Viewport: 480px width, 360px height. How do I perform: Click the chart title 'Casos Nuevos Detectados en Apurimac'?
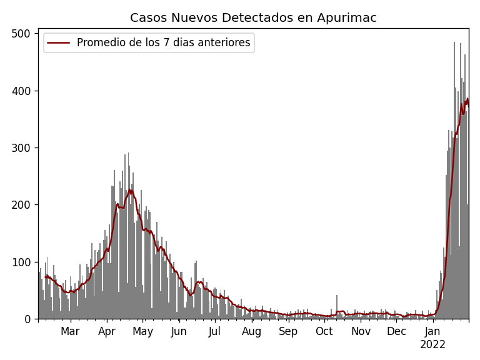[x=253, y=18]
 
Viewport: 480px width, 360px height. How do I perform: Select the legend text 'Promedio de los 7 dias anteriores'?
[x=163, y=43]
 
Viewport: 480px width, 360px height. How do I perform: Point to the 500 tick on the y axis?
[x=23, y=34]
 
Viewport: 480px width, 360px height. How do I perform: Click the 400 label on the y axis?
[x=23, y=91]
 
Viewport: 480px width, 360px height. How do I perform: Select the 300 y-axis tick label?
[x=23, y=148]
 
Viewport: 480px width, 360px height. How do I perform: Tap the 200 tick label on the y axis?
[x=23, y=205]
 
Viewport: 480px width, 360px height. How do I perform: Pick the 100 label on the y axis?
[x=23, y=262]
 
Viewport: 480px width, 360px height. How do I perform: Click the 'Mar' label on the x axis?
[x=70, y=332]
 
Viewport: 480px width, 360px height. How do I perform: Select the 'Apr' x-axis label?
[x=107, y=332]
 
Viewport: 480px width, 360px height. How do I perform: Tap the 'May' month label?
[x=143, y=332]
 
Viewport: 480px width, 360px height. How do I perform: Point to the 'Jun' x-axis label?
[x=179, y=332]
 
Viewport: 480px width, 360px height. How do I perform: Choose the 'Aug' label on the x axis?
[x=251, y=332]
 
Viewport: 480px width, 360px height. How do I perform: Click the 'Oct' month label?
[x=324, y=332]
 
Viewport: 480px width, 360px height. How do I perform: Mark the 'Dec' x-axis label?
[x=396, y=332]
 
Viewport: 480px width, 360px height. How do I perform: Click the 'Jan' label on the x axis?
[x=432, y=332]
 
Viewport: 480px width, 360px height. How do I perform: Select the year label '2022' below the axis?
[x=432, y=345]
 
